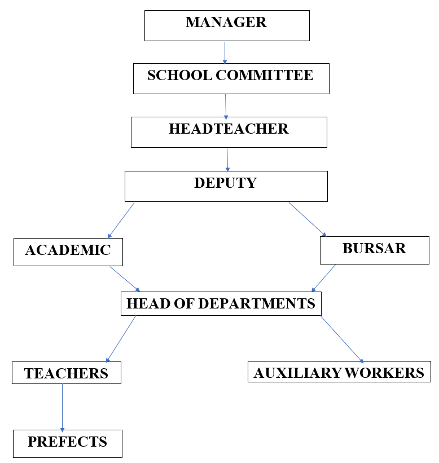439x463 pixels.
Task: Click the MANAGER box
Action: coord(227,26)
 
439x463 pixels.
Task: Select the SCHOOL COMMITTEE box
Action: coord(231,78)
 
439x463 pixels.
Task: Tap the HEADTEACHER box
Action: coord(229,132)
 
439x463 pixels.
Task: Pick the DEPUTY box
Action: coord(226,186)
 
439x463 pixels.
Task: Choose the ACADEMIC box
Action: coord(68,252)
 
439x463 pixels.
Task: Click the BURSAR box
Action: coord(375,250)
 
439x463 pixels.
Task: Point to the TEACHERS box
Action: coord(67,373)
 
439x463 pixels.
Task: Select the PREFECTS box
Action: coord(68,443)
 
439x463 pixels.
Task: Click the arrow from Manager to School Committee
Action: coord(225,53)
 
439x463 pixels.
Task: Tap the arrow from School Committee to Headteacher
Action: coord(226,107)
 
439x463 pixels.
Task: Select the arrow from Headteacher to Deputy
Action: coord(227,160)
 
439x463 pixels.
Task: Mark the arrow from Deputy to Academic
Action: coord(121,221)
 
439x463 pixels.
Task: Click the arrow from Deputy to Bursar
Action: coord(307,219)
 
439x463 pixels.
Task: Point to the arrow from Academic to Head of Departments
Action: coord(125,279)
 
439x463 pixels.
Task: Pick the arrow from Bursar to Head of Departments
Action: coord(323,278)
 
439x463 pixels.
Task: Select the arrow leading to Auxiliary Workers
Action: coord(342,339)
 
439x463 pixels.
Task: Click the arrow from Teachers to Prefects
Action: coord(62,408)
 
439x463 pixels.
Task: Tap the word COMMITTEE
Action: coord(265,75)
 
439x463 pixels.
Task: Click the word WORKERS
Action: coord(384,373)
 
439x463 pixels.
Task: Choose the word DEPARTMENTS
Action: coord(257,303)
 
